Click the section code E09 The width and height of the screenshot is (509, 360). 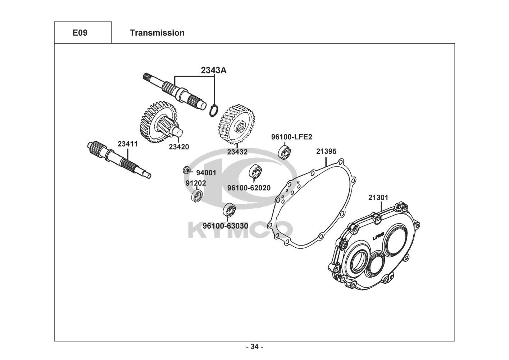point(80,33)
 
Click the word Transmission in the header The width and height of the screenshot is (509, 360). point(157,33)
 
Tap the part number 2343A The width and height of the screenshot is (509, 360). point(214,70)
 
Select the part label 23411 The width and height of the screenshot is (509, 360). point(128,144)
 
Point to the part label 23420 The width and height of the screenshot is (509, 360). point(179,147)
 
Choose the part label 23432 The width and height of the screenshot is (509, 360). point(237,152)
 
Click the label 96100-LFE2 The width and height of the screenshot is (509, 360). point(292,137)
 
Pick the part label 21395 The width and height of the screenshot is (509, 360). point(326,152)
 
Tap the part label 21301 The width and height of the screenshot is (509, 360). point(378,197)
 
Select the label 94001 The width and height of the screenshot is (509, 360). point(206,173)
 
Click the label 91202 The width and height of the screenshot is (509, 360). point(196,183)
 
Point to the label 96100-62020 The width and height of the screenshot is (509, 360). point(249,188)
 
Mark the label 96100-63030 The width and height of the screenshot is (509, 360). point(225,226)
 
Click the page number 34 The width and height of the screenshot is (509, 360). point(255,347)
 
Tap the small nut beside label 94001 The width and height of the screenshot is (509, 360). point(186,169)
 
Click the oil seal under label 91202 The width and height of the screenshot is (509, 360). point(196,197)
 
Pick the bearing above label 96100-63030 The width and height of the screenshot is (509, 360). point(229,210)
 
